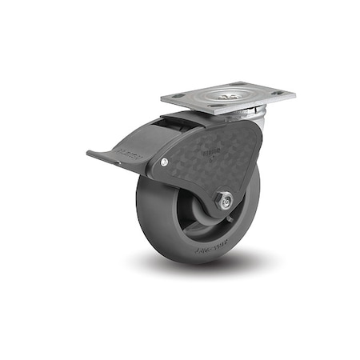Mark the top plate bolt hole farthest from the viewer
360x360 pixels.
point(235,83)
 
